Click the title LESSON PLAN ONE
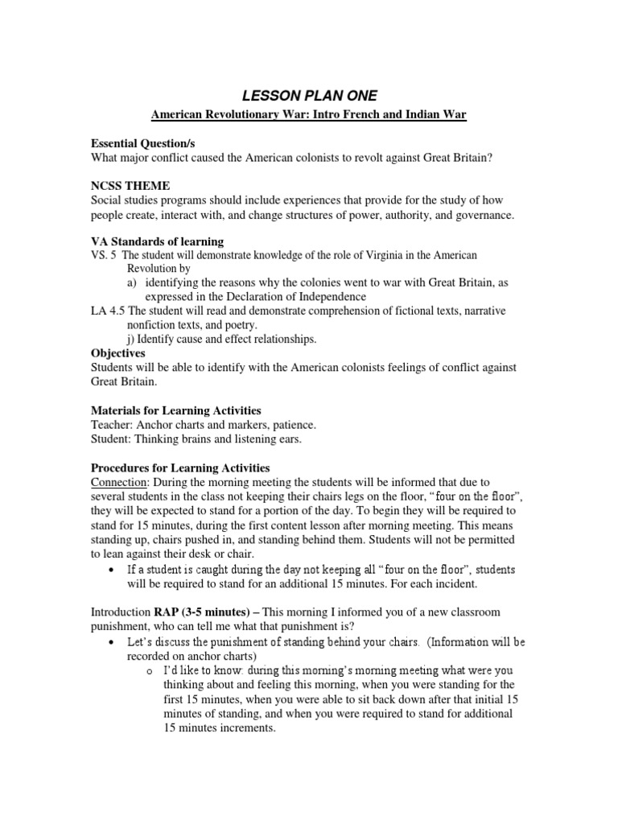pos(309,97)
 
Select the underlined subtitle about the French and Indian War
pos(309,116)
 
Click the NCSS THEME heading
pos(130,186)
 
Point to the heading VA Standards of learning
pos(157,241)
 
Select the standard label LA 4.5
pos(108,311)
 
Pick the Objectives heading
pos(118,352)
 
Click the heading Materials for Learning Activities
pos(175,410)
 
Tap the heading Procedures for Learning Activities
pos(179,468)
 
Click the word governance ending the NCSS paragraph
pos(484,215)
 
